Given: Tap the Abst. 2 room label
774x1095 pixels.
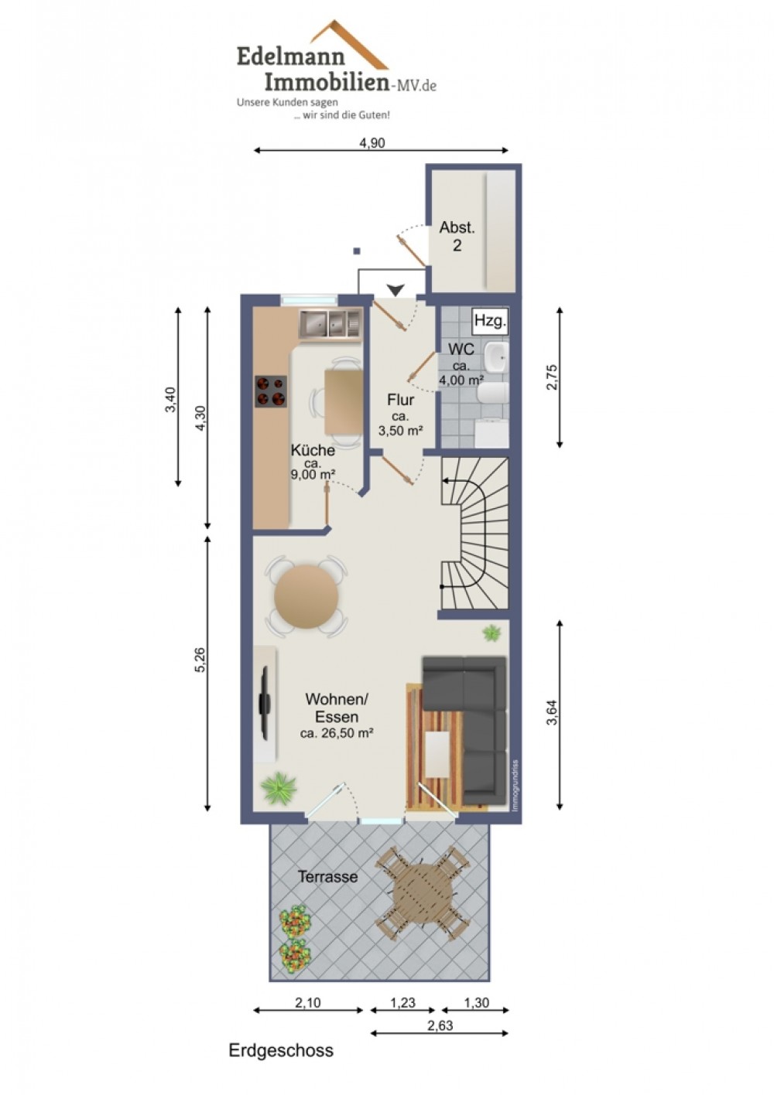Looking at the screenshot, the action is coord(457,236).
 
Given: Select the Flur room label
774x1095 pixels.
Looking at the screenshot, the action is coord(400,400).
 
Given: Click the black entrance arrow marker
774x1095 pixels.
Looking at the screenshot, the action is coord(396,290).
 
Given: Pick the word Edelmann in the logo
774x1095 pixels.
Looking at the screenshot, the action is coord(290,57).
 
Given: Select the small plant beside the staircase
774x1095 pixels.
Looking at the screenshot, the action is coord(491,633).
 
